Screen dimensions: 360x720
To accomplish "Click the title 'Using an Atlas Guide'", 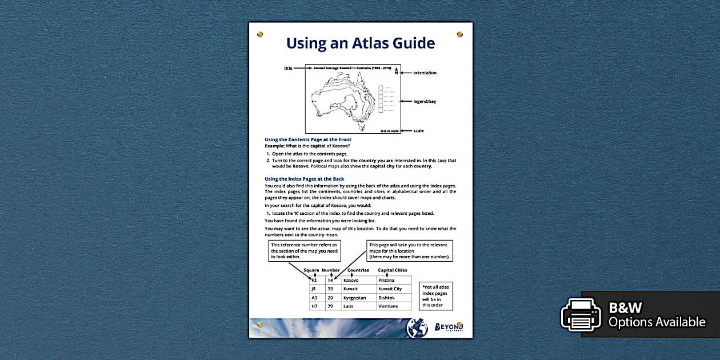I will coord(360,43).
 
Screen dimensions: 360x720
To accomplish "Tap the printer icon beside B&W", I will coord(581,315).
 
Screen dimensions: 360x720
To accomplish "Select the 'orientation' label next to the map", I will coord(425,73).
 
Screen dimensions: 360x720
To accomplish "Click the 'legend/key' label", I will coord(425,101).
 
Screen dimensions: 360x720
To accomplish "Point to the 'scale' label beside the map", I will coord(418,131).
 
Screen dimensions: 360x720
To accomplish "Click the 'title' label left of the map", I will coord(288,68).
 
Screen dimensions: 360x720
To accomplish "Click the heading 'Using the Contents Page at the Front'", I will coord(307,139).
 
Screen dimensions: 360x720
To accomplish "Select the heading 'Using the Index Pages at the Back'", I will coord(304,179).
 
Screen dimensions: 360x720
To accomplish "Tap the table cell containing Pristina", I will coord(394,281).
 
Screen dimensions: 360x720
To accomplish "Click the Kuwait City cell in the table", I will coord(394,289).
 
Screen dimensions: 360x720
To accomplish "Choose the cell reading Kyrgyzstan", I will coord(358,298).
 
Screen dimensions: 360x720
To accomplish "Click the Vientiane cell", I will coord(394,306).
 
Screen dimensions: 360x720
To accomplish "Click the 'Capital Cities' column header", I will coord(393,270).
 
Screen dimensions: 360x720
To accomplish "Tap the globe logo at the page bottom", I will coord(417,328).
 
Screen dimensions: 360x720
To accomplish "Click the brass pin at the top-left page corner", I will coord(261,34).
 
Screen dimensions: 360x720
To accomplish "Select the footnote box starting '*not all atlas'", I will coord(434,295).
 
